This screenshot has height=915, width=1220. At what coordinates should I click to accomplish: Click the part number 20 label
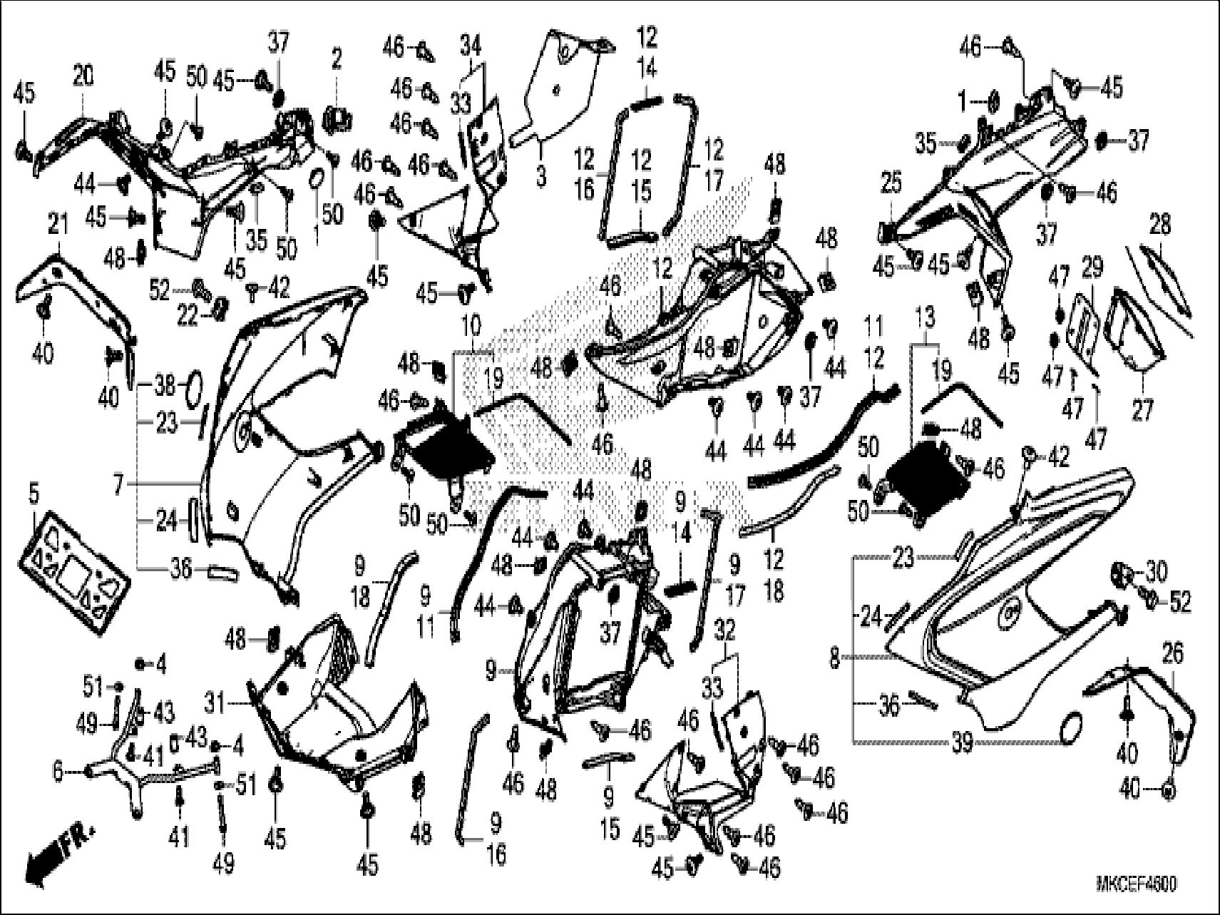83,76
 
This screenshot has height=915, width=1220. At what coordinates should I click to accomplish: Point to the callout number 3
540,175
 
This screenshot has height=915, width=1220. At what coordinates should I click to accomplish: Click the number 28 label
1160,225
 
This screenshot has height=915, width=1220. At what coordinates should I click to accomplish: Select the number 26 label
1172,653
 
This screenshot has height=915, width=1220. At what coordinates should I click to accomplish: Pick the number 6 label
58,771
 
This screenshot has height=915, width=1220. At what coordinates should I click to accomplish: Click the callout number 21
57,225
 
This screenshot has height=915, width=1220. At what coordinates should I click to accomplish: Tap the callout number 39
963,743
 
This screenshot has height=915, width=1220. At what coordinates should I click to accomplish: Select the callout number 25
891,184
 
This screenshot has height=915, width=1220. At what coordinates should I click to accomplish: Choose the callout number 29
1092,269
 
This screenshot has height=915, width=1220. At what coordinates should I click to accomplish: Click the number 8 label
835,660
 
